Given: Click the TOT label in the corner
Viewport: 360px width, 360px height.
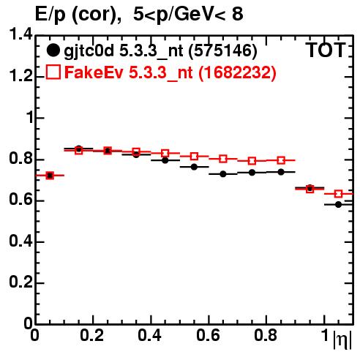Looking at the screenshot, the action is (x=326, y=50).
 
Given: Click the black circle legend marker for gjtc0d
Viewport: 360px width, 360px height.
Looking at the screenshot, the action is (x=53, y=50).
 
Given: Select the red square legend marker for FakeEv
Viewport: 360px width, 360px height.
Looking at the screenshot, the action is (x=53, y=72).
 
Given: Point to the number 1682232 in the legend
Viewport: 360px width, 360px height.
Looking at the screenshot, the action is (x=237, y=72).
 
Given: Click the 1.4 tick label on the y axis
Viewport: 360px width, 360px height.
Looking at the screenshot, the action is (x=20, y=34).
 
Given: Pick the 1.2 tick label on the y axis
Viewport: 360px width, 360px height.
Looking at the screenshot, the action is (x=20, y=76).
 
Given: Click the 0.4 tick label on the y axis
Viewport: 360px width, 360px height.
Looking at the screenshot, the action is (x=20, y=241).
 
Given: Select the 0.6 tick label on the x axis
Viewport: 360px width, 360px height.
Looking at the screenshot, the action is (x=208, y=335).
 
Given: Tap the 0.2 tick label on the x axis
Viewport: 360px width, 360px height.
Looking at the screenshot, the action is (x=92, y=335).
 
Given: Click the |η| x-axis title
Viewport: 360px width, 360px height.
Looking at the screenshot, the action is (x=342, y=339).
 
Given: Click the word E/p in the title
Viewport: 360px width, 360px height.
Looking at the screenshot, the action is (x=50, y=15).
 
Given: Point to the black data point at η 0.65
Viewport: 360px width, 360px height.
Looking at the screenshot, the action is (x=223, y=174).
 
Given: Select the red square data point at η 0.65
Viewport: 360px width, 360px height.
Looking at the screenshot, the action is (x=223, y=159).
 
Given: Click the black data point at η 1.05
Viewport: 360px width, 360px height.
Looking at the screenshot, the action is (x=338, y=204).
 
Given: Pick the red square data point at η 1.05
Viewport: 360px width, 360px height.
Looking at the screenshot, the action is (x=338, y=194).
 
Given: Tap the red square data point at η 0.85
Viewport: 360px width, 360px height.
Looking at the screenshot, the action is (x=281, y=160).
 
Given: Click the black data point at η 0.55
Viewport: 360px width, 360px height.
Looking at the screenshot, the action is (x=194, y=167).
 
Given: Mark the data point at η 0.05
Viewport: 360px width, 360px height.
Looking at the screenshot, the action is (x=50, y=176).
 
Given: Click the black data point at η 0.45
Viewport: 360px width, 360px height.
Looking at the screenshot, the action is (x=165, y=160).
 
